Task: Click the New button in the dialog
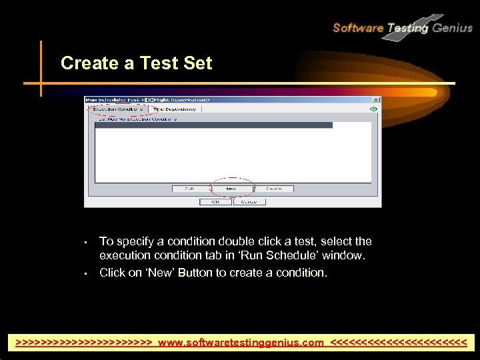[231, 189]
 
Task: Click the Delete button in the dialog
[274, 189]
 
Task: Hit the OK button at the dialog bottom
[216, 201]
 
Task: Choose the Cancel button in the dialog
[249, 201]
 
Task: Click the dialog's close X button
[375, 99]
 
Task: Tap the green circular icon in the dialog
[374, 109]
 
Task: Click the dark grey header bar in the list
[213, 125]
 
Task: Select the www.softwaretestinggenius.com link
[241, 343]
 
